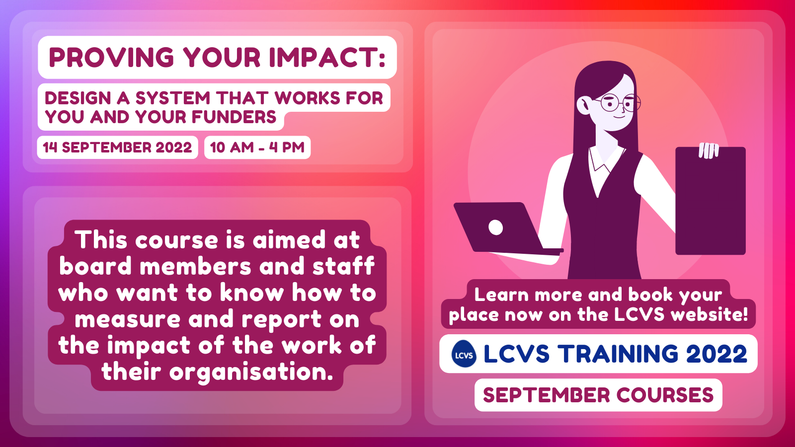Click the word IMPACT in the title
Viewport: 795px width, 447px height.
tap(323, 57)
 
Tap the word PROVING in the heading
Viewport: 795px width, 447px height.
tap(111, 57)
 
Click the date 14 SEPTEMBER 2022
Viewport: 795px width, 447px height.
tap(117, 147)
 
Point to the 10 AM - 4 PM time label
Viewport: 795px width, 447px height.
tap(257, 147)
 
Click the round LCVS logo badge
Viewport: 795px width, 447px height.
tap(464, 354)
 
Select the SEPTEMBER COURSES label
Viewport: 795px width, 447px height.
tap(598, 395)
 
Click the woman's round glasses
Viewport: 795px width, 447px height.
tap(620, 103)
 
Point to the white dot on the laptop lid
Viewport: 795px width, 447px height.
tap(495, 227)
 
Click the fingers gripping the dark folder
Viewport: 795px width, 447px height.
tap(709, 150)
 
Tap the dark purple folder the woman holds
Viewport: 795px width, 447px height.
tap(710, 201)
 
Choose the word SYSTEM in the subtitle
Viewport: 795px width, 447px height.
tap(173, 98)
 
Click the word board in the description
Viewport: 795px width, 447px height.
tap(95, 266)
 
